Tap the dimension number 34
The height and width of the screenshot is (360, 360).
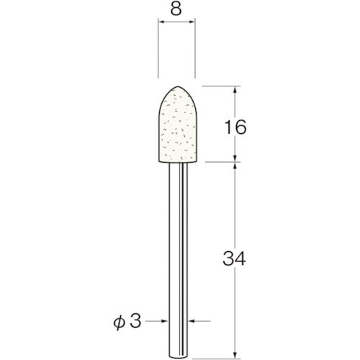click(234, 257)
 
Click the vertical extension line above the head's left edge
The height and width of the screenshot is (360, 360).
click(158, 50)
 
